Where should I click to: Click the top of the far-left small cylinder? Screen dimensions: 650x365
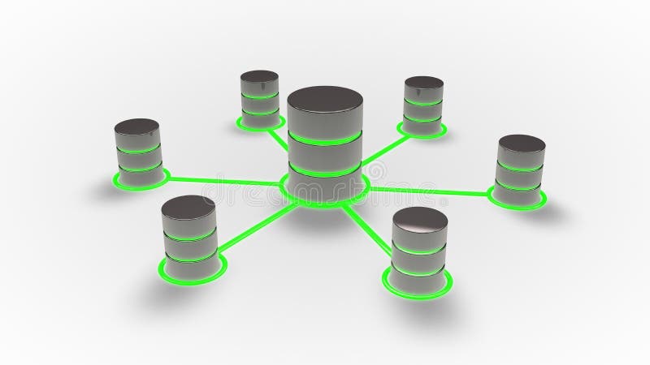136,127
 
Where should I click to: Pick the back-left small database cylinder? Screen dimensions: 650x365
260,97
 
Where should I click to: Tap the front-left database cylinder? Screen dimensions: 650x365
188,231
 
